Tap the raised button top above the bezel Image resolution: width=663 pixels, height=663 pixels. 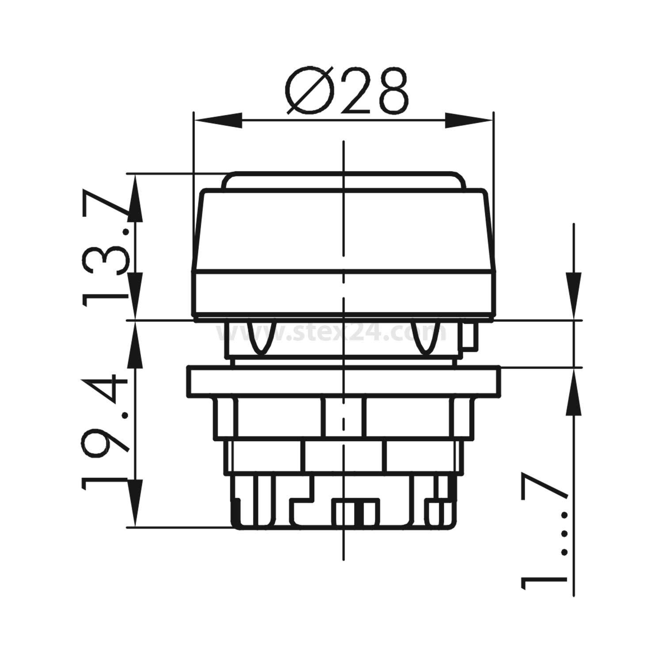(343, 180)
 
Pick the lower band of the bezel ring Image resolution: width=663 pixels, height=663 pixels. (343, 294)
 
